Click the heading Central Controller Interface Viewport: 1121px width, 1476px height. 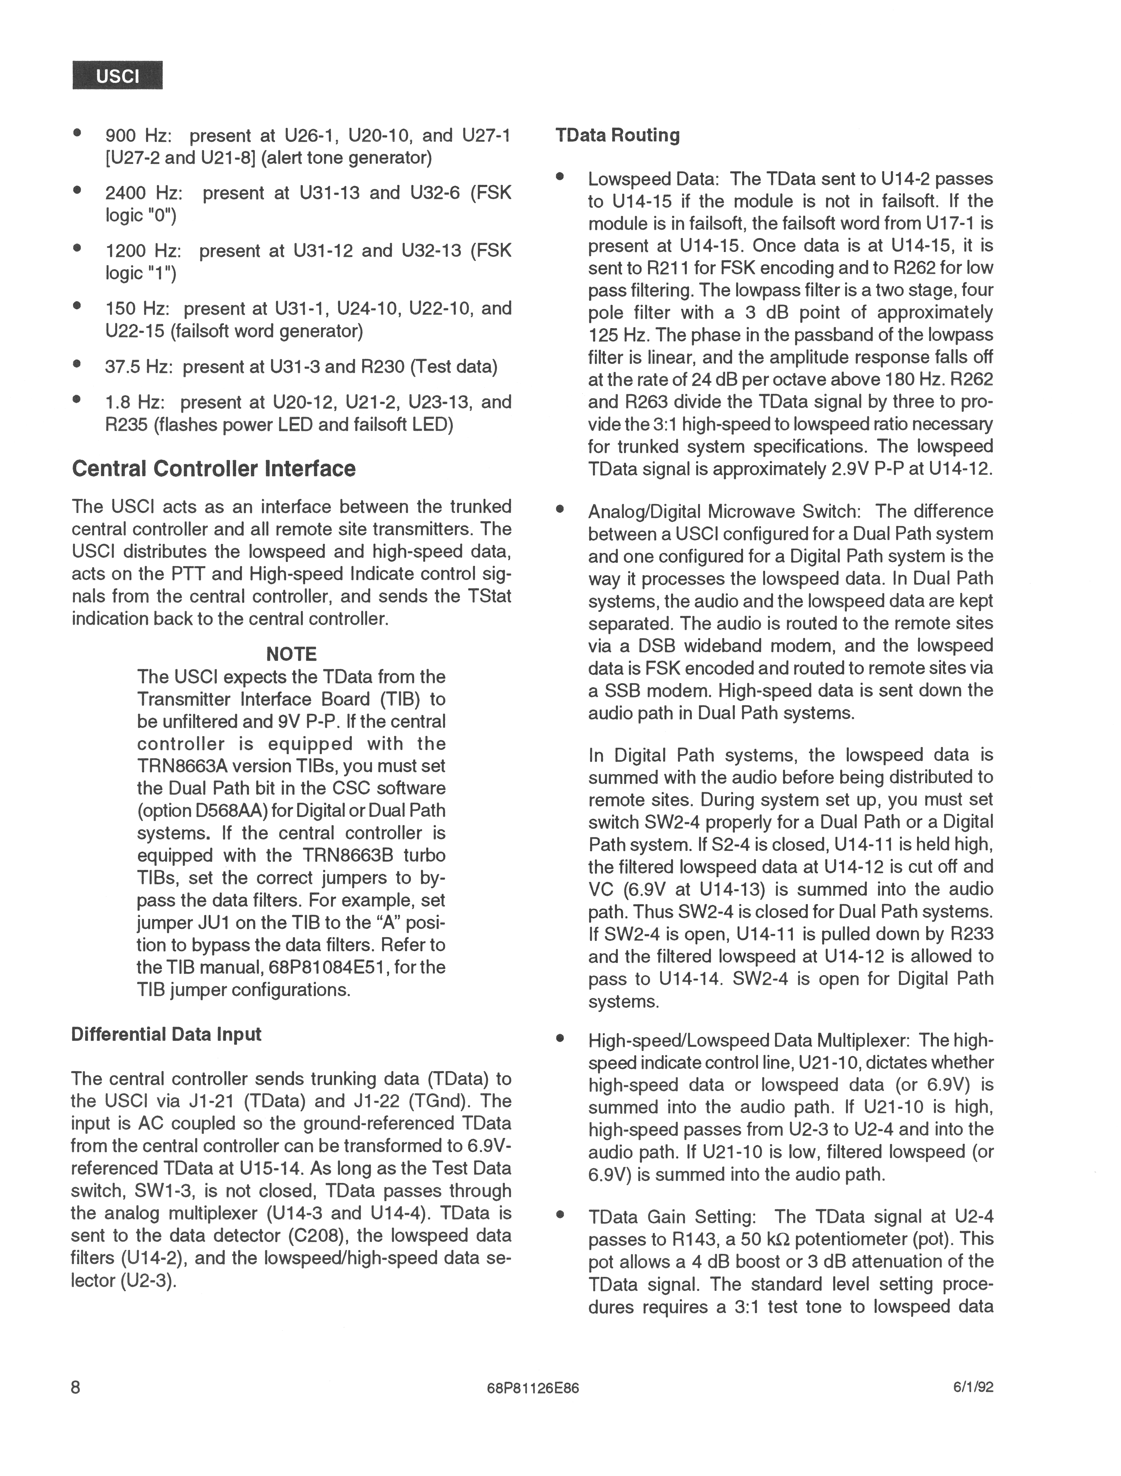213,469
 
